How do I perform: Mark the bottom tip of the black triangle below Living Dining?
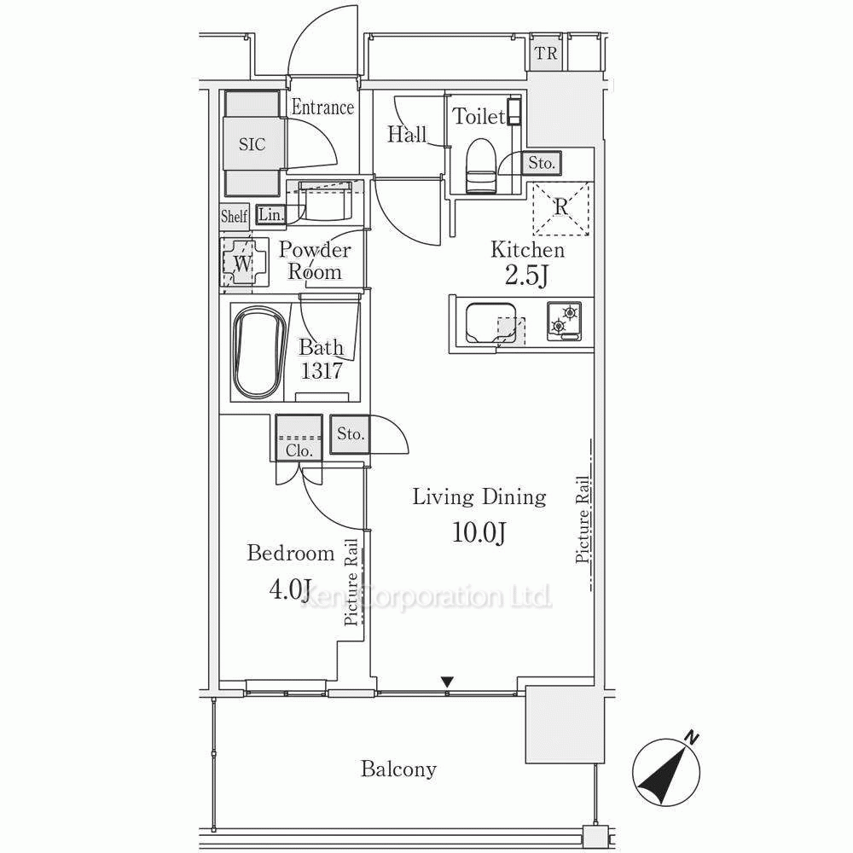pos(447,687)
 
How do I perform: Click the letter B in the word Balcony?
pos(367,769)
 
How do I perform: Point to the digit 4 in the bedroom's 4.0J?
pos(276,589)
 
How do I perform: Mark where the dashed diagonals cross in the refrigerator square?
pos(561,209)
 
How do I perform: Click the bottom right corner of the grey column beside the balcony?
pos(605,763)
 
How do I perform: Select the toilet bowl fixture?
pos(481,165)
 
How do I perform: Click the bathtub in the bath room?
pos(260,352)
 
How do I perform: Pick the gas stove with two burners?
pos(564,321)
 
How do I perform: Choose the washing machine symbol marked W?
pos(243,262)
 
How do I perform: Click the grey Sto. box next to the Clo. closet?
pos(350,434)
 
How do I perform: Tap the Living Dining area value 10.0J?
pos(479,532)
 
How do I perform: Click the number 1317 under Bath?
pos(322,371)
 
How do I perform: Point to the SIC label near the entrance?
pos(252,144)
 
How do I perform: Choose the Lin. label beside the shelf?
pos(271,215)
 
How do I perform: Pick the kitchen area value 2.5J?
pos(526,276)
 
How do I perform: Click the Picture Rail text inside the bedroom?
pos(351,582)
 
